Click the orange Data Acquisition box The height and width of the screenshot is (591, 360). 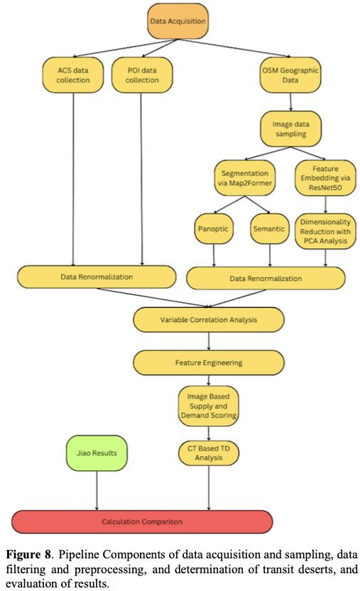(178, 21)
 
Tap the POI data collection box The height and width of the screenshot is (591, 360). (142, 74)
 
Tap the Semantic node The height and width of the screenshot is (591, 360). (268, 230)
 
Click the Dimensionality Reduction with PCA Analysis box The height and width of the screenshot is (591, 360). (324, 230)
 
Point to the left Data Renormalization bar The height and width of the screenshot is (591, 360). (96, 277)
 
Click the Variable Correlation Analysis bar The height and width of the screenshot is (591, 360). (208, 320)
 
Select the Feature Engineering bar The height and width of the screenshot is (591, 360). (208, 363)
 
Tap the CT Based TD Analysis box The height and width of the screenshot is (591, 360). (208, 453)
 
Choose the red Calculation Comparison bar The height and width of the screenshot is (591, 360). (142, 521)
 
